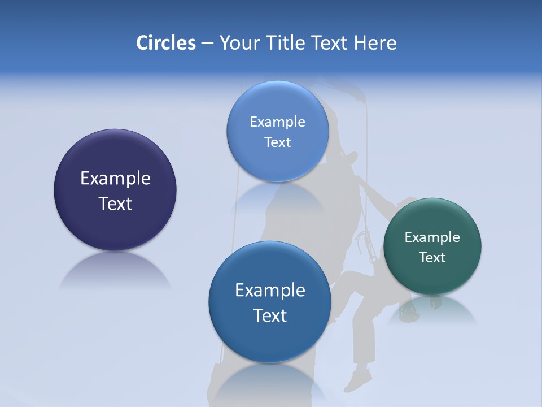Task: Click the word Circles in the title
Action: [x=166, y=43]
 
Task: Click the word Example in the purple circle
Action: [x=115, y=179]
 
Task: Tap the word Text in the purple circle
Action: [x=115, y=203]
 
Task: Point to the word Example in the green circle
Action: [x=432, y=237]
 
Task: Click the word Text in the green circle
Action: [x=432, y=258]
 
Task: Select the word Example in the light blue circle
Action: [x=277, y=122]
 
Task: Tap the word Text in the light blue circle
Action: [x=277, y=142]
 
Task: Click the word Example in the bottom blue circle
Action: [x=270, y=291]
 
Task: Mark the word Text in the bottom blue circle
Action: [x=270, y=315]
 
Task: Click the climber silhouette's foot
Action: [x=358, y=380]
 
